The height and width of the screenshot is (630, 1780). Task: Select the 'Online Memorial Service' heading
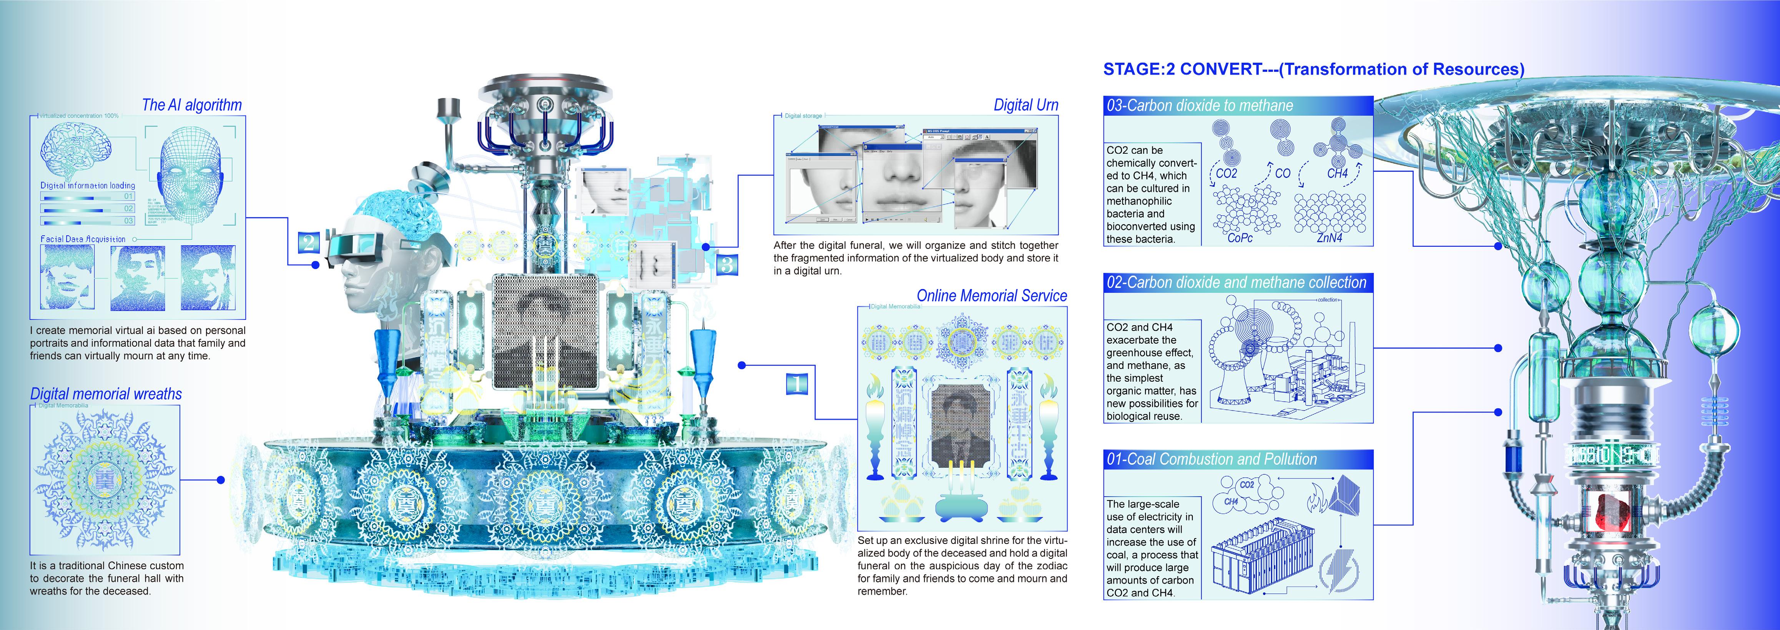pos(992,296)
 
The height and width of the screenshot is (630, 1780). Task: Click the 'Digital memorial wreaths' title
pos(106,394)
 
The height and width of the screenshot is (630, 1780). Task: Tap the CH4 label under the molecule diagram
pos(1337,173)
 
